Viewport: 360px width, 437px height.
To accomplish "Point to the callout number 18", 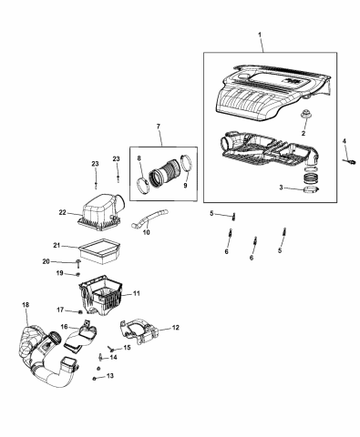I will (25, 303).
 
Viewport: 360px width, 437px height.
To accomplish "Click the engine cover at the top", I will (264, 96).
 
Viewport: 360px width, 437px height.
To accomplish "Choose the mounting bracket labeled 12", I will (146, 333).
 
